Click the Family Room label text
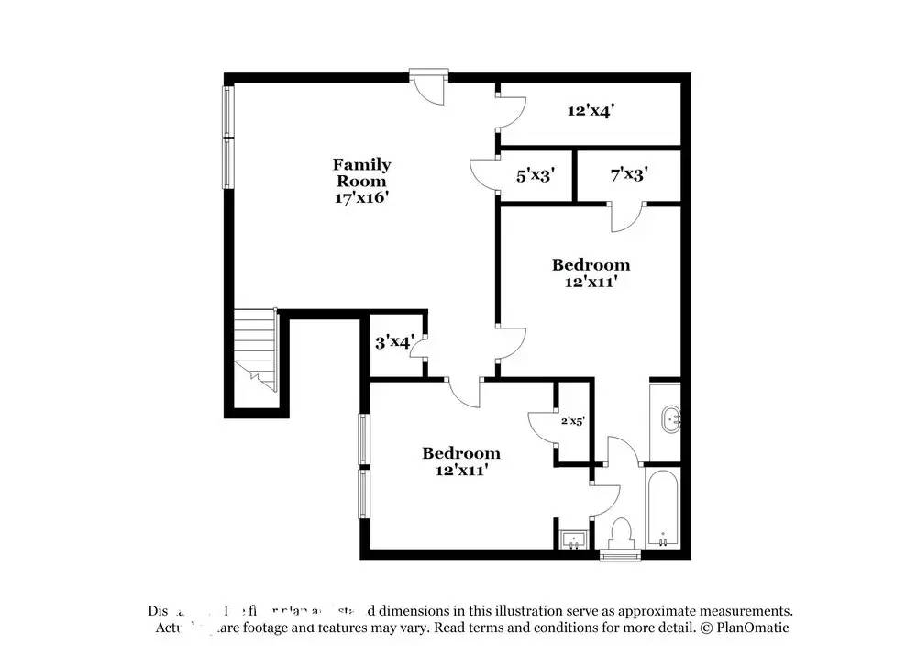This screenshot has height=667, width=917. point(361,172)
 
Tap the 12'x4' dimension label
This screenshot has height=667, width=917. point(591,110)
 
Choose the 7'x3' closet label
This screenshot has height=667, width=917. point(629,173)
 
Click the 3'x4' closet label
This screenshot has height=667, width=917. point(392,342)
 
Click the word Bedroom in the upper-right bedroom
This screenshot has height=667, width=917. point(591,265)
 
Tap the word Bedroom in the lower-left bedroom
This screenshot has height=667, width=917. point(461,453)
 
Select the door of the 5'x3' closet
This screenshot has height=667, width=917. point(484,174)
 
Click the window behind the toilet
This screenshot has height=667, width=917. point(619,554)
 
